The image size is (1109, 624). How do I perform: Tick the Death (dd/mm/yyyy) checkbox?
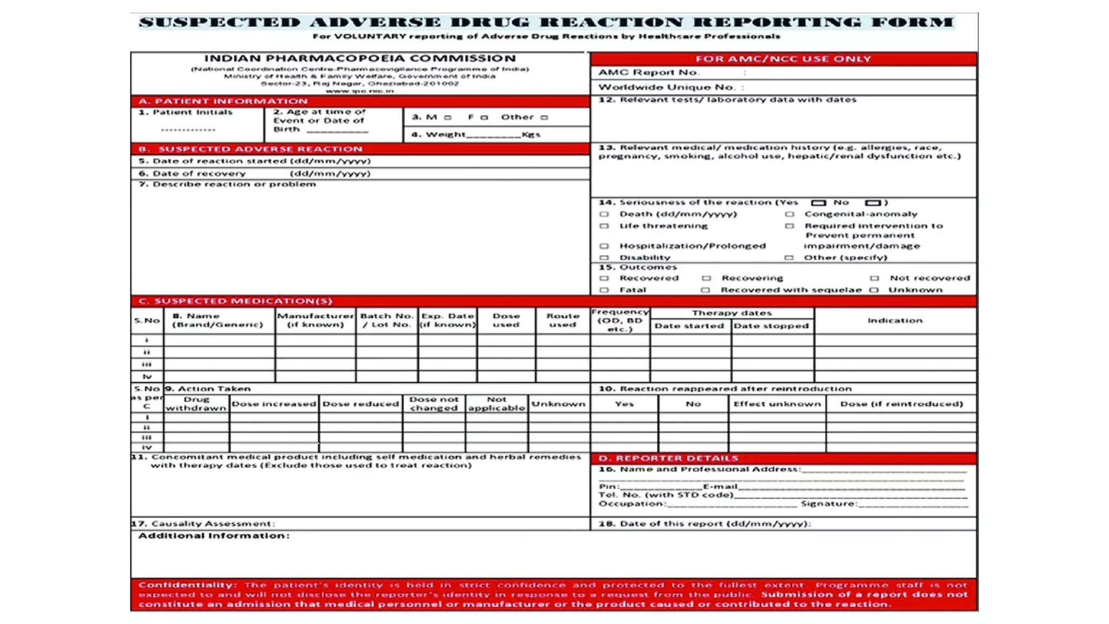pyautogui.click(x=604, y=214)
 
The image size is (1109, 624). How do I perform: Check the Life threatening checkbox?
pyautogui.click(x=604, y=226)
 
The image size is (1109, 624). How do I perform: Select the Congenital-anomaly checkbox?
pyautogui.click(x=790, y=214)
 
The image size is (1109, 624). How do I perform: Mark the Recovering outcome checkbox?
pyautogui.click(x=706, y=278)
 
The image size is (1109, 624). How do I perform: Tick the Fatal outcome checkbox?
pyautogui.click(x=604, y=290)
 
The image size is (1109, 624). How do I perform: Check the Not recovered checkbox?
pyautogui.click(x=875, y=278)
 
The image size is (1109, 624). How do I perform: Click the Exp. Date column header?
pyautogui.click(x=447, y=320)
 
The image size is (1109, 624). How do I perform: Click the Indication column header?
pyautogui.click(x=895, y=321)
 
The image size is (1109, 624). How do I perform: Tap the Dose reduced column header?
pyautogui.click(x=361, y=404)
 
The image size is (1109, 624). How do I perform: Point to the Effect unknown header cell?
pyautogui.click(x=777, y=404)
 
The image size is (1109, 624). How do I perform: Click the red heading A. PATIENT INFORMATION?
pyautogui.click(x=223, y=101)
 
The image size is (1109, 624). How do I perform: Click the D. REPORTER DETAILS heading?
pyautogui.click(x=668, y=458)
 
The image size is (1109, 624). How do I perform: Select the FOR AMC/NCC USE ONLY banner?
pyautogui.click(x=783, y=59)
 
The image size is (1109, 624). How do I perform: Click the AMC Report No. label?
pyautogui.click(x=649, y=73)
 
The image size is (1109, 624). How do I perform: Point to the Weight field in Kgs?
pyautogui.click(x=493, y=134)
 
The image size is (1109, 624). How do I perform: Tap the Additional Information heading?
pyautogui.click(x=214, y=536)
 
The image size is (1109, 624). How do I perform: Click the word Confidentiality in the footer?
pyautogui.click(x=187, y=585)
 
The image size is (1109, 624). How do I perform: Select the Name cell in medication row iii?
pyautogui.click(x=219, y=365)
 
